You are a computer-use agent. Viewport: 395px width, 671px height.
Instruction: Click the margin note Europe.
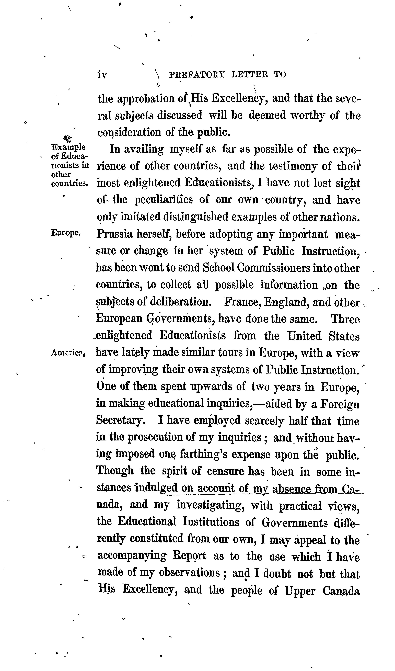click(x=65, y=233)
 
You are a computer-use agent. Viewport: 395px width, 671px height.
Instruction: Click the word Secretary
click(x=120, y=421)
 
